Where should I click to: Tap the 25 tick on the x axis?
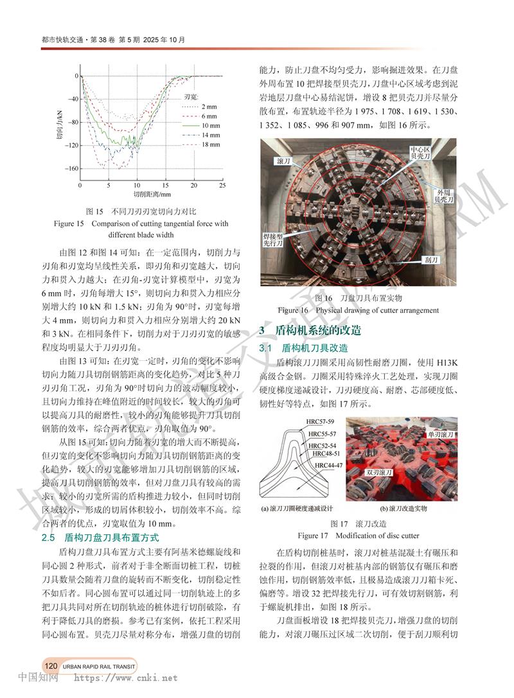coord(222,185)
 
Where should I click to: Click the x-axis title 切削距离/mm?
coord(152,193)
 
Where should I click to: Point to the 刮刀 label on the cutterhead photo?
coord(432,260)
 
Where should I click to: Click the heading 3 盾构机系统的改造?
coord(309,331)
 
